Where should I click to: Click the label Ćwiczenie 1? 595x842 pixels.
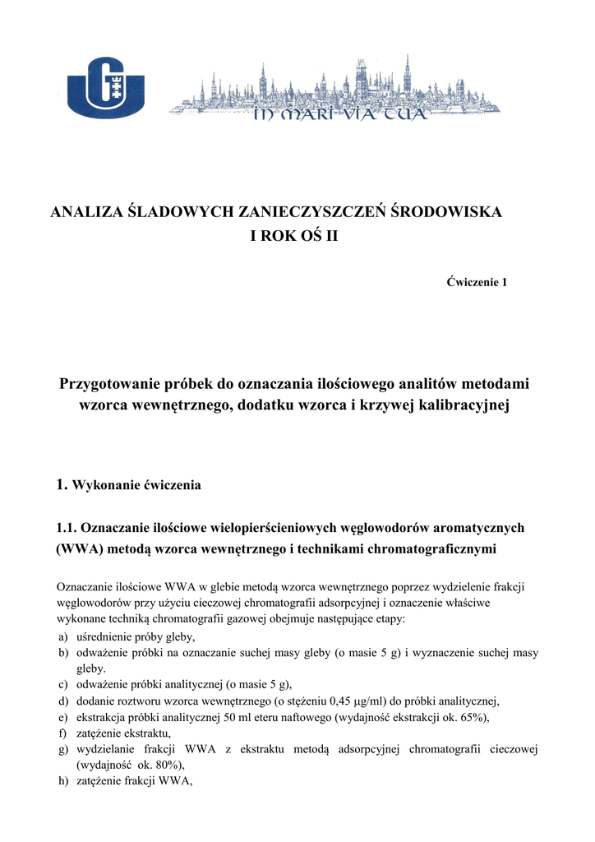(477, 282)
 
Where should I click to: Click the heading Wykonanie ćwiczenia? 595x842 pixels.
(136, 485)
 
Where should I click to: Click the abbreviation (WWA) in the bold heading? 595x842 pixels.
(76, 549)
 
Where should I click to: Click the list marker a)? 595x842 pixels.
(62, 637)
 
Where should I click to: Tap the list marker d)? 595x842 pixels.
(62, 701)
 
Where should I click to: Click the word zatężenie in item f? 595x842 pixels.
(100, 733)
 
